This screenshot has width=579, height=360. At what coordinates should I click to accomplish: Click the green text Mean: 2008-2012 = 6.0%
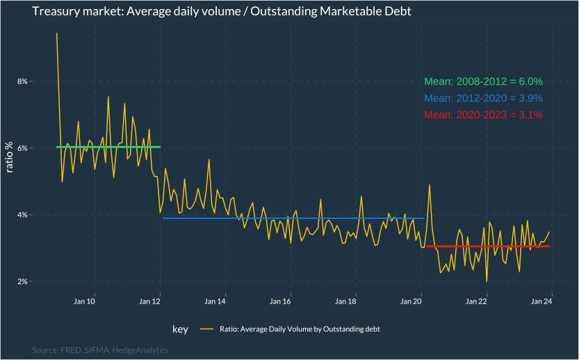[x=483, y=81]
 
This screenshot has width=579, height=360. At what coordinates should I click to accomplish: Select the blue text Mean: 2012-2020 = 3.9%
[x=483, y=98]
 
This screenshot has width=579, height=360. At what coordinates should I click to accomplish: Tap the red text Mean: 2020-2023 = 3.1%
[x=483, y=115]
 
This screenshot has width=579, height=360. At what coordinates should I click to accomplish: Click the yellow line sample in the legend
[x=206, y=329]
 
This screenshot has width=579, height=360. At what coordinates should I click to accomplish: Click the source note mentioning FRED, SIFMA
[x=100, y=350]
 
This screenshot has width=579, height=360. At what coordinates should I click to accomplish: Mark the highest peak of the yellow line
[x=57, y=33]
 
